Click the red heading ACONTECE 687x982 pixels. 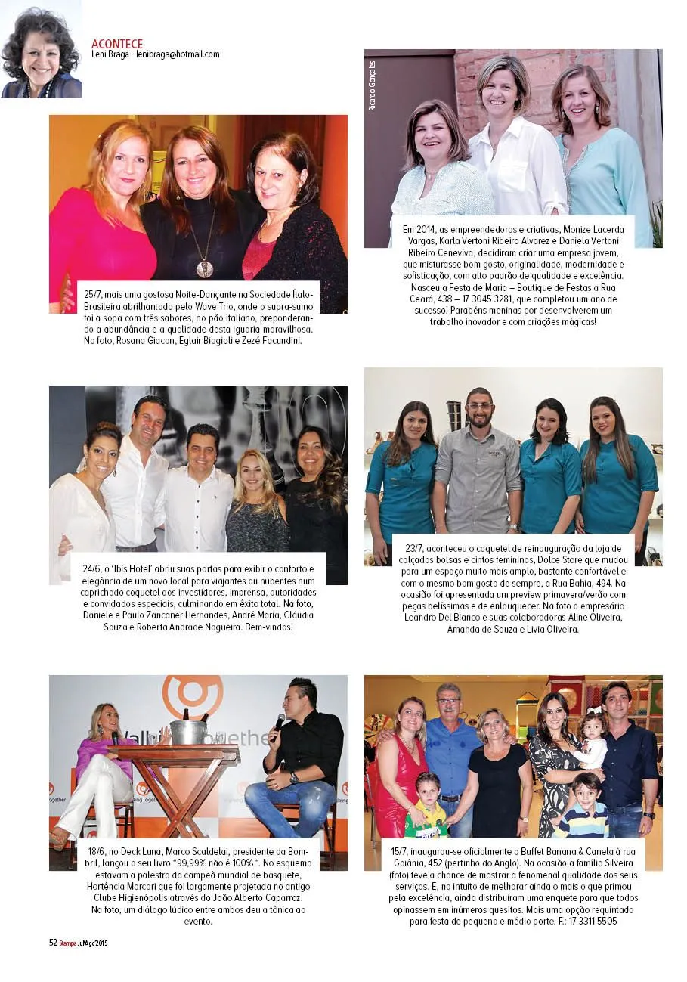pos(117,44)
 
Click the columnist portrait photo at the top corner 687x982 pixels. pos(41,49)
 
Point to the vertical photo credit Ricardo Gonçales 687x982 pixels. pos(372,86)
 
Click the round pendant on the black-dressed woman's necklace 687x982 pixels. pos(202,268)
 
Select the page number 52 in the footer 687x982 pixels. pos(53,943)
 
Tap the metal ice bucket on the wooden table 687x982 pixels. pos(188,730)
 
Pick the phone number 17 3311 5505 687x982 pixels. pos(590,922)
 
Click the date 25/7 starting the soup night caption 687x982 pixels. pos(94,293)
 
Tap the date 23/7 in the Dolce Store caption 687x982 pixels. pos(414,548)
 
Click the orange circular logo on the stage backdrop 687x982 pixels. pos(192,695)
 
